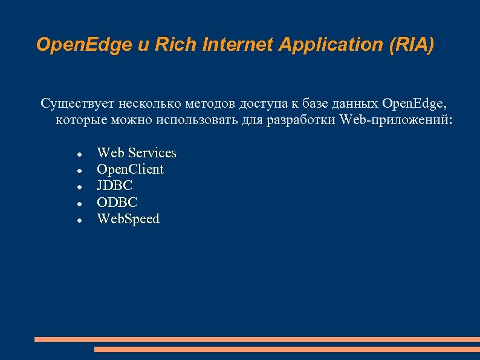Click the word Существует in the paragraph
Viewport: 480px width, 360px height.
[78, 103]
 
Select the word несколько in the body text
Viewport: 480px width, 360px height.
[148, 103]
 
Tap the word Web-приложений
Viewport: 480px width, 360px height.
[395, 119]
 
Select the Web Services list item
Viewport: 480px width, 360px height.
[137, 152]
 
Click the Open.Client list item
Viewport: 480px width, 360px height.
[130, 169]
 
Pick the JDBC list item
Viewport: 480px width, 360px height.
[115, 186]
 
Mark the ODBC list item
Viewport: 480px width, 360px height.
[117, 202]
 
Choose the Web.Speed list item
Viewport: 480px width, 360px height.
[128, 219]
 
